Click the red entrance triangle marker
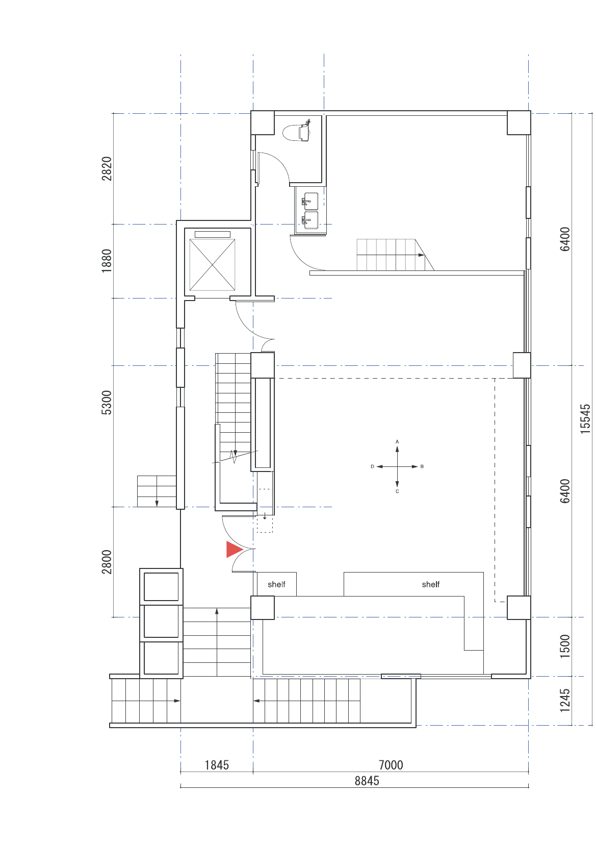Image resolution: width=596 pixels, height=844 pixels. pos(234,549)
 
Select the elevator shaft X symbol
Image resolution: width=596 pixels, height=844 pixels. pos(212,265)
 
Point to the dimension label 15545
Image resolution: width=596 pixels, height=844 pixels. pos(585,418)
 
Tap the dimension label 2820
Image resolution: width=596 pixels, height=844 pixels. pos(107,168)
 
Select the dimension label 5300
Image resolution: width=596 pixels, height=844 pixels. pos(107,403)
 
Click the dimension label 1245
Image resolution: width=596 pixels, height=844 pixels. pos(565,701)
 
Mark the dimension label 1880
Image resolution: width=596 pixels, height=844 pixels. pos(107,261)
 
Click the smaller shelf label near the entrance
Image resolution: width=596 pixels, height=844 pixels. pos(276,584)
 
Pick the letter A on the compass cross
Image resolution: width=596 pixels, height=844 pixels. pos(397,441)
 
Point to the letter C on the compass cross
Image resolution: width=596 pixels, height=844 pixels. pos(397,491)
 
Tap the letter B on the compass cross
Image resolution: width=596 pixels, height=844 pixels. pos(422,466)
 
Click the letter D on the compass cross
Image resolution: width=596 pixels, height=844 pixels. pos(372,466)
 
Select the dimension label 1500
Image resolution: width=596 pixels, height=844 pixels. pos(565,646)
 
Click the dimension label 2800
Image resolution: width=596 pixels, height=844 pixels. pos(107,562)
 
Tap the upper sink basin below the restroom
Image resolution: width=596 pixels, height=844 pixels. pos(310,201)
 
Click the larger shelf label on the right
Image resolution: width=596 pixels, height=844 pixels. pos(430,584)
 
